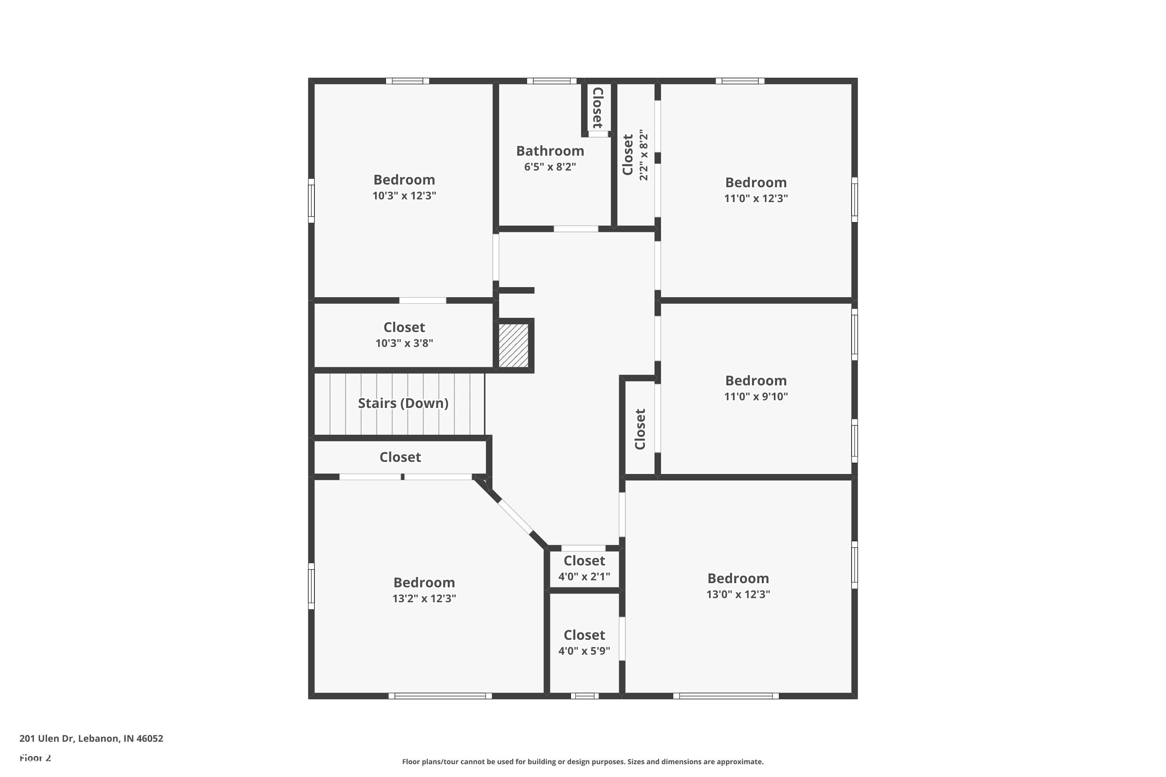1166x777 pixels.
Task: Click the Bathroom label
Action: tap(550, 151)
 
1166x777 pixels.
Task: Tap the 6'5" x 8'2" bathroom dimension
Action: tap(550, 167)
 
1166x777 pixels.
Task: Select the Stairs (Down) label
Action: tap(403, 403)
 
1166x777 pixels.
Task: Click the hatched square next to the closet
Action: tap(513, 345)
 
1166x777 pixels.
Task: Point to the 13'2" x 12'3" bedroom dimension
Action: tap(424, 598)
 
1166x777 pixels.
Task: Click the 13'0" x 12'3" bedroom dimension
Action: tap(738, 594)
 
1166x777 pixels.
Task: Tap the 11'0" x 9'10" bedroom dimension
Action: tap(756, 396)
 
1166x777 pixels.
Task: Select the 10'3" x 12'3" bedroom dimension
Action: tap(404, 196)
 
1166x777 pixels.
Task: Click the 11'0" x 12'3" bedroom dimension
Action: tap(756, 198)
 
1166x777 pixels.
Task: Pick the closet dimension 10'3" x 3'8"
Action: tap(404, 343)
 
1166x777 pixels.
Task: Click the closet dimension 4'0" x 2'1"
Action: tap(584, 576)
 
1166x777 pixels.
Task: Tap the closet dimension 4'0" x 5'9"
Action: tap(584, 651)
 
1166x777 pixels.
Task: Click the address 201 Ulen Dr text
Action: tap(91, 739)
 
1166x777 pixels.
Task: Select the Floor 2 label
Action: tap(35, 758)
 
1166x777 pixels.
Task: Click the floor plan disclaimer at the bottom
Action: tap(583, 761)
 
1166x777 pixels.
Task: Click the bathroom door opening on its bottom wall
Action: tap(576, 229)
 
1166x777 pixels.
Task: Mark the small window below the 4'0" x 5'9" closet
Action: tap(585, 696)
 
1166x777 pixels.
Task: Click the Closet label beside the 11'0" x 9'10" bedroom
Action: tap(640, 429)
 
